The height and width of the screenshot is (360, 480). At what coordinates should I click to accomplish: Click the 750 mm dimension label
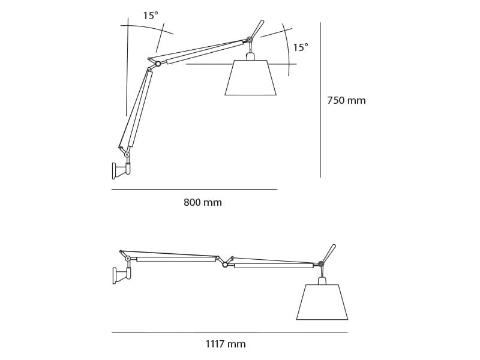click(346, 101)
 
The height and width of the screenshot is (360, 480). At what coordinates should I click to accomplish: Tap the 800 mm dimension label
click(203, 203)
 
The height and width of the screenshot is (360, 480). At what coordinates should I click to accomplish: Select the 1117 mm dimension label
click(226, 344)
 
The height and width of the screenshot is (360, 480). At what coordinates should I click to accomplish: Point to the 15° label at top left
click(151, 16)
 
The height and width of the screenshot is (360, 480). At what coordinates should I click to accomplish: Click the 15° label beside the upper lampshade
click(301, 48)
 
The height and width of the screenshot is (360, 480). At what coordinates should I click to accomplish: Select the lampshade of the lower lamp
click(322, 302)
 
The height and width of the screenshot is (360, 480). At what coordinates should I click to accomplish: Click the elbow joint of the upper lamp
click(158, 64)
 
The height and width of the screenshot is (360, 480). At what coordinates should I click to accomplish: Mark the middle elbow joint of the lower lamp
click(225, 264)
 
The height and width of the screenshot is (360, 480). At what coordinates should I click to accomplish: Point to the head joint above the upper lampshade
click(250, 40)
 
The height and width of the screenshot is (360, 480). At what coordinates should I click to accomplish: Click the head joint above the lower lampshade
click(321, 264)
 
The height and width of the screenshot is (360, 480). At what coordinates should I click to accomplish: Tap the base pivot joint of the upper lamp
click(127, 155)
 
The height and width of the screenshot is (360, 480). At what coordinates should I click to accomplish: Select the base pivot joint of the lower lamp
click(128, 259)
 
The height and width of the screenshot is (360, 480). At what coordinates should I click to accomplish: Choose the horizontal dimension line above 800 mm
click(194, 190)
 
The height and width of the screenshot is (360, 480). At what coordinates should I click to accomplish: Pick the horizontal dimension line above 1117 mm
click(229, 332)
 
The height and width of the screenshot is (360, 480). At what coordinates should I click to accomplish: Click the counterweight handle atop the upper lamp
click(257, 29)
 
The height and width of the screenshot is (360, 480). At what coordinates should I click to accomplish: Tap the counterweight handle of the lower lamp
click(329, 253)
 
